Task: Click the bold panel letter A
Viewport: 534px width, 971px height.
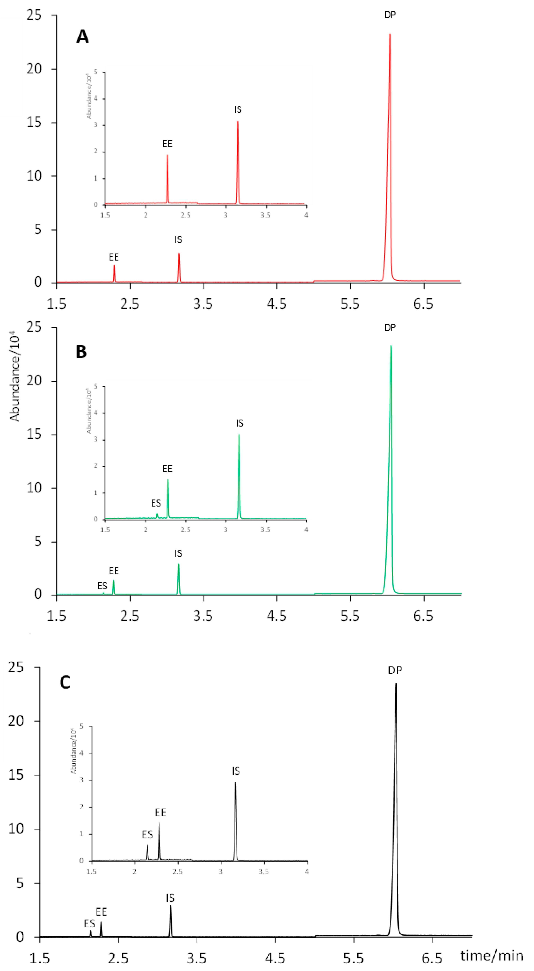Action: coord(83,37)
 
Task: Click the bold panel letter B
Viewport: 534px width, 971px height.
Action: coord(81,352)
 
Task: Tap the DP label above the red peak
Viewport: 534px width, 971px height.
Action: coord(390,15)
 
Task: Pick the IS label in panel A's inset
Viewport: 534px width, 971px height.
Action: coord(238,110)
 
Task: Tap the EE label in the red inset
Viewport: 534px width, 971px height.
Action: coord(167,144)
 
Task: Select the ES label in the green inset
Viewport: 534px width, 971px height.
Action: coord(156,503)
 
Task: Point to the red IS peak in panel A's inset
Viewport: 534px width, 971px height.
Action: coord(237,124)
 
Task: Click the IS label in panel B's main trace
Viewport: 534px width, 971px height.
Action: coord(178,553)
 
